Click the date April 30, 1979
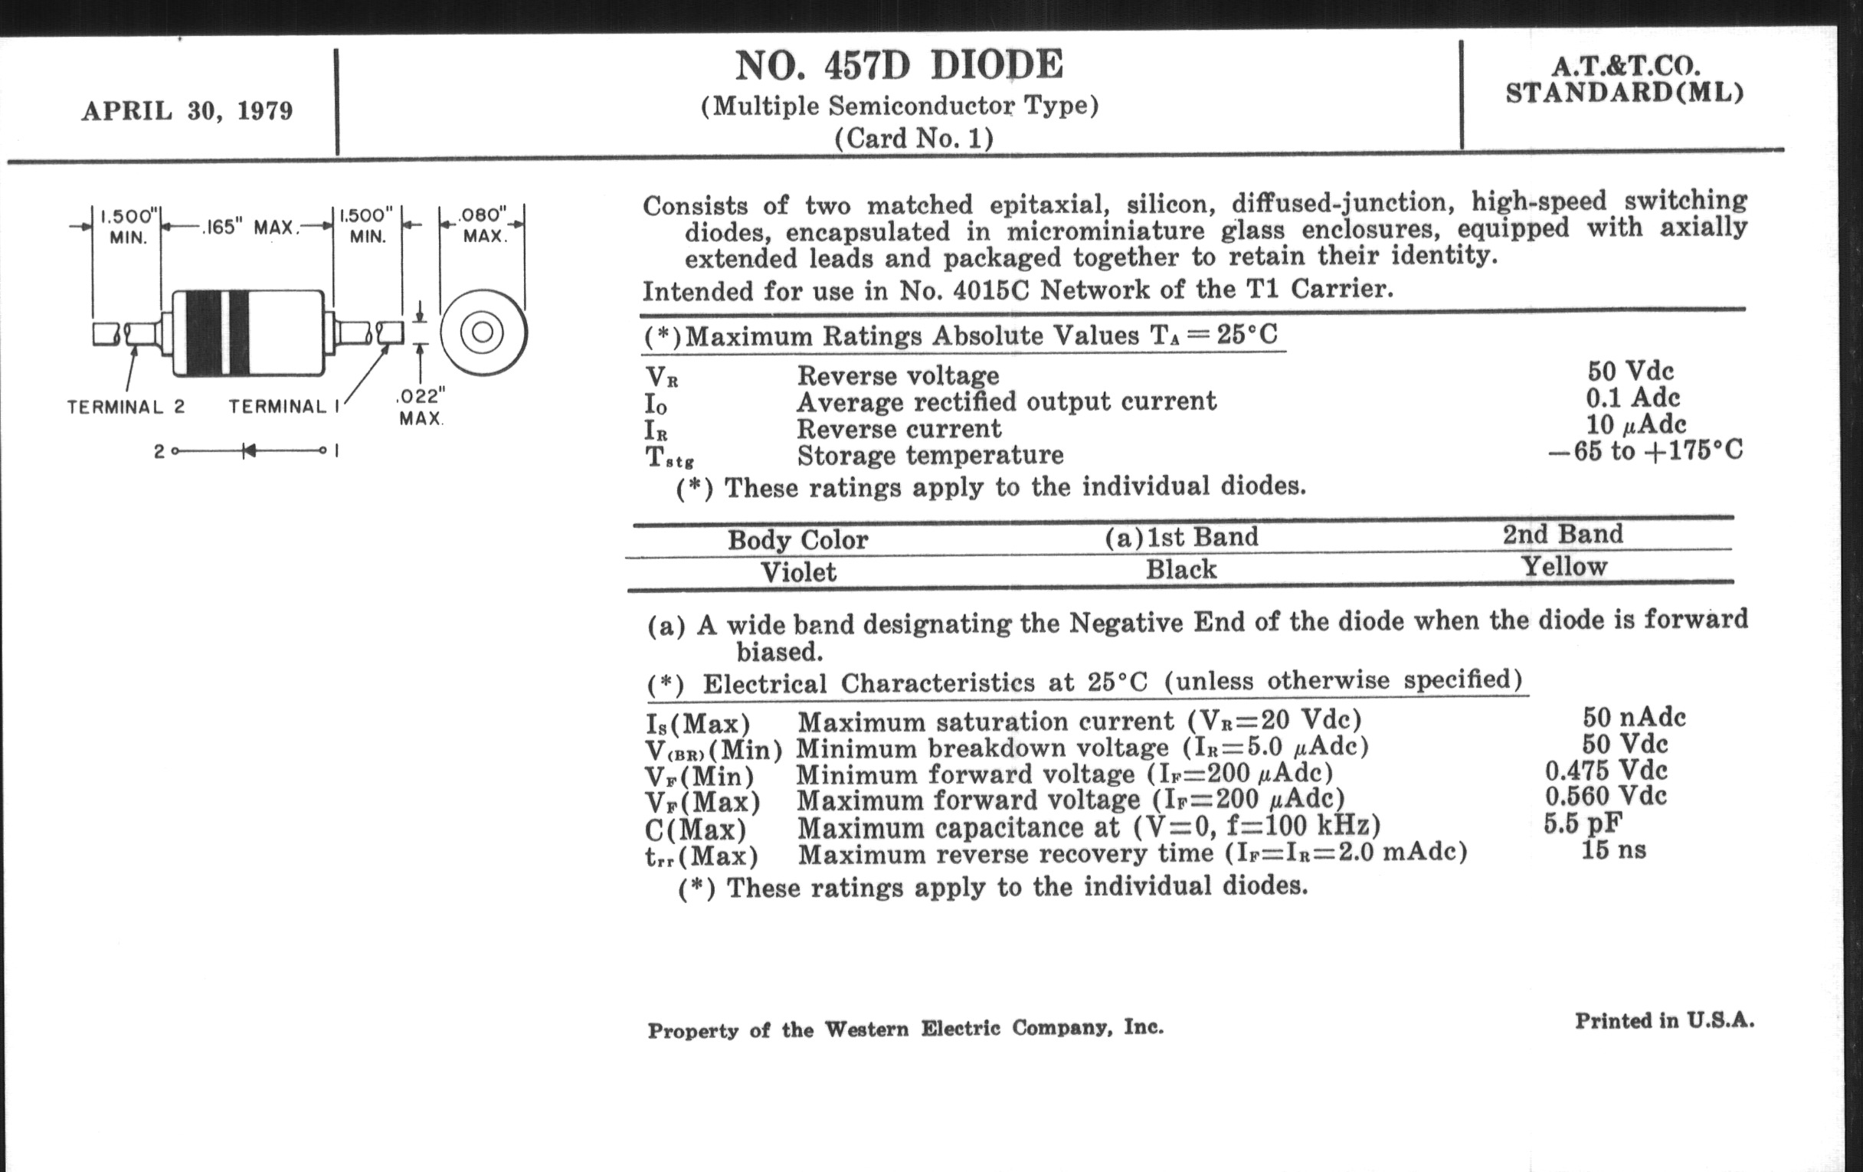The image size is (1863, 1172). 187,110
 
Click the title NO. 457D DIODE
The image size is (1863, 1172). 899,65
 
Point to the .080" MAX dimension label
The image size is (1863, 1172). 483,224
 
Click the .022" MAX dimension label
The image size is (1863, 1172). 421,407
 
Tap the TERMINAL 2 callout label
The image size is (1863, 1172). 126,407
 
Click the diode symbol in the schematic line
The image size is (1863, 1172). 248,450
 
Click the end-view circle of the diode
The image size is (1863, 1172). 483,332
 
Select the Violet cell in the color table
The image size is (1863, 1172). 797,572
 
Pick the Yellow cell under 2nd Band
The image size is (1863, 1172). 1563,567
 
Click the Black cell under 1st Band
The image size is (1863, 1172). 1180,570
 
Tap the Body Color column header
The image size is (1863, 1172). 797,539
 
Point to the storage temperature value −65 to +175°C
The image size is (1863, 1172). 1645,450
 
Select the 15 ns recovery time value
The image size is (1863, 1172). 1613,850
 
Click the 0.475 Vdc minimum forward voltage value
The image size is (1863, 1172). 1606,771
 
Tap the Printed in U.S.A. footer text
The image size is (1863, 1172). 1664,1021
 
